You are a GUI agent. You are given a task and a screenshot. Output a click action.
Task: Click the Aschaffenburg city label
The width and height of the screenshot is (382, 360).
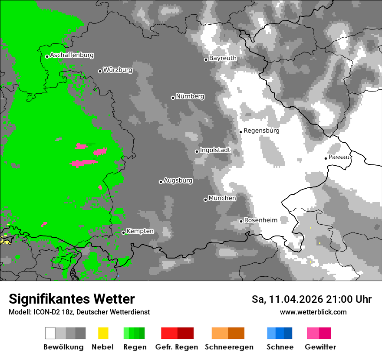[x=72, y=56]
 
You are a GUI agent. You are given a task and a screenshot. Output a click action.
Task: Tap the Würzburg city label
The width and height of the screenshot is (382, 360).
[x=118, y=70]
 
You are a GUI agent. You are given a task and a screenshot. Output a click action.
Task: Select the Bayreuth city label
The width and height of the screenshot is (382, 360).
[x=223, y=58]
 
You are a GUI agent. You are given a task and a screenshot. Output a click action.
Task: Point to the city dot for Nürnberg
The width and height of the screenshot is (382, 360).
[x=173, y=98]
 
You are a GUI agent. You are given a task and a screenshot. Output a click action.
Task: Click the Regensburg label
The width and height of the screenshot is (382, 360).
[x=261, y=131]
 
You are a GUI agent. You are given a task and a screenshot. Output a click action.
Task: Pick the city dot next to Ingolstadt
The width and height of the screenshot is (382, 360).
[x=197, y=151]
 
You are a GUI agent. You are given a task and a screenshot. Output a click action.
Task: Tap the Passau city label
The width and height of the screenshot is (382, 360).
[x=339, y=157]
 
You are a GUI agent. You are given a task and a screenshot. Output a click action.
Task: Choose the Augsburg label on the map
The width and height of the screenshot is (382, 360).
[x=178, y=180]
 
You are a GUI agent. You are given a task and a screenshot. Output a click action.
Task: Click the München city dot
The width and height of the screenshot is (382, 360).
[x=205, y=200]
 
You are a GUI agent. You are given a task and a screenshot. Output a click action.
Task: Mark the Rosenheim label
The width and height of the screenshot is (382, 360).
[x=260, y=220]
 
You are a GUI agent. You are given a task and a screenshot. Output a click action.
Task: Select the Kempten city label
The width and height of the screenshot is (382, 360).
[x=140, y=231]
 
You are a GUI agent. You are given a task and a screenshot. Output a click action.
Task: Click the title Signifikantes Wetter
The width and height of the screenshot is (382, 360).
[x=72, y=299]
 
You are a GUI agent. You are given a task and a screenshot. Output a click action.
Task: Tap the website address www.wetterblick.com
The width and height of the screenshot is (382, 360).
[x=313, y=312]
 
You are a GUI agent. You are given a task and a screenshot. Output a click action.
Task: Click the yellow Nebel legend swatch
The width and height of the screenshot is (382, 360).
[x=103, y=333]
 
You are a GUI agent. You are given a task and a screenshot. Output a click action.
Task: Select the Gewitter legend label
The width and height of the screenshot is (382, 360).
[x=320, y=347]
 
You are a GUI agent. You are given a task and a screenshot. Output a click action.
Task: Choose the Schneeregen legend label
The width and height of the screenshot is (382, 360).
[x=229, y=347]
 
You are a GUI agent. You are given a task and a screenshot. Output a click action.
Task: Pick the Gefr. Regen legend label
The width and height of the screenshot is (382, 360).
[x=176, y=347]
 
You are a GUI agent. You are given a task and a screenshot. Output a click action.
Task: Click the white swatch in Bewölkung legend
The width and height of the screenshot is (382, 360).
[x=50, y=333]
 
